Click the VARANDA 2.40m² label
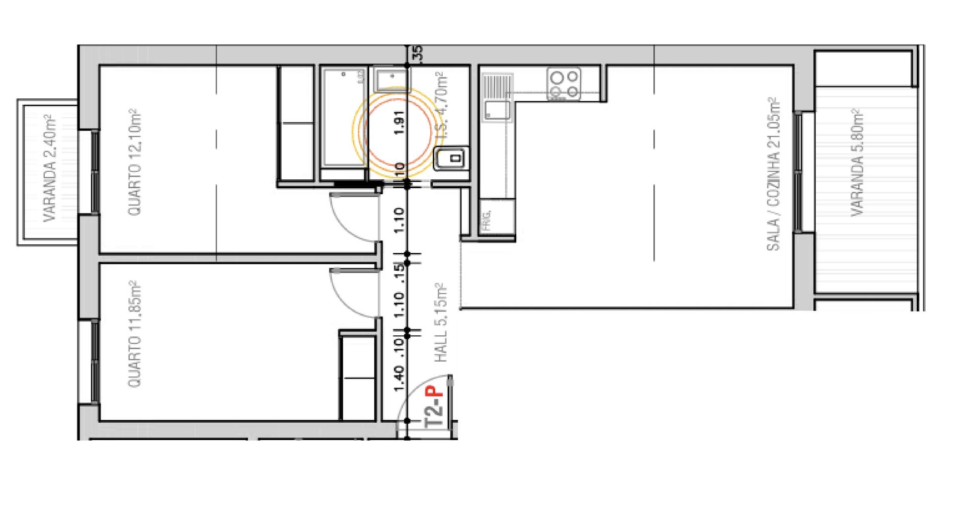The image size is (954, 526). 50,168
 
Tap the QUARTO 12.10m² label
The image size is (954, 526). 134,162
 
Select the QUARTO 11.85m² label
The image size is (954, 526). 134,334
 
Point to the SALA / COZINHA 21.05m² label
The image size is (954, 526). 773,174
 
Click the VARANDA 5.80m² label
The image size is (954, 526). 857,162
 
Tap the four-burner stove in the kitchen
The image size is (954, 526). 564,84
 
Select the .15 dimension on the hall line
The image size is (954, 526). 398,273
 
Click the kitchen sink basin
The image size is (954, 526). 497,111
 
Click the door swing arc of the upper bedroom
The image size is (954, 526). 348,219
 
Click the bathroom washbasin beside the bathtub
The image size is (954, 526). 391,80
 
